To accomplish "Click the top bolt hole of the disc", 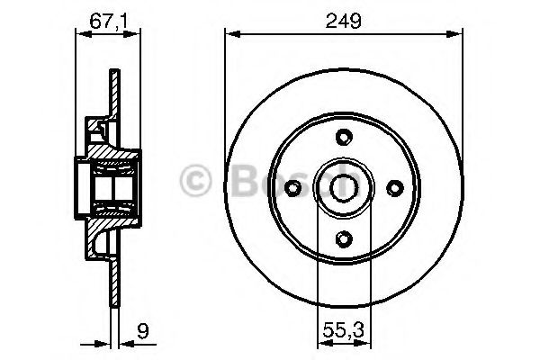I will [343, 137].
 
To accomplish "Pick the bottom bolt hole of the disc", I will [343, 238].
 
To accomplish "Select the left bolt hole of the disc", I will [292, 187].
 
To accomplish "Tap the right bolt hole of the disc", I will [393, 187].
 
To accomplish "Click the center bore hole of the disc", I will [343, 187].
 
